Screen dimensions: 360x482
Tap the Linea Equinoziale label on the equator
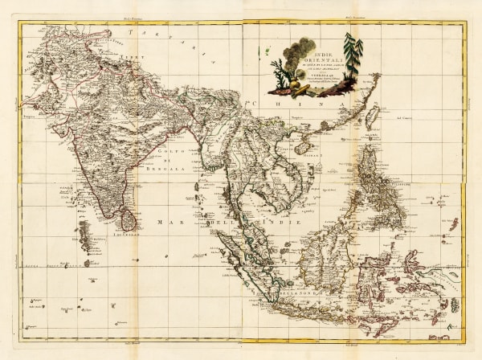tap(48, 262)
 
